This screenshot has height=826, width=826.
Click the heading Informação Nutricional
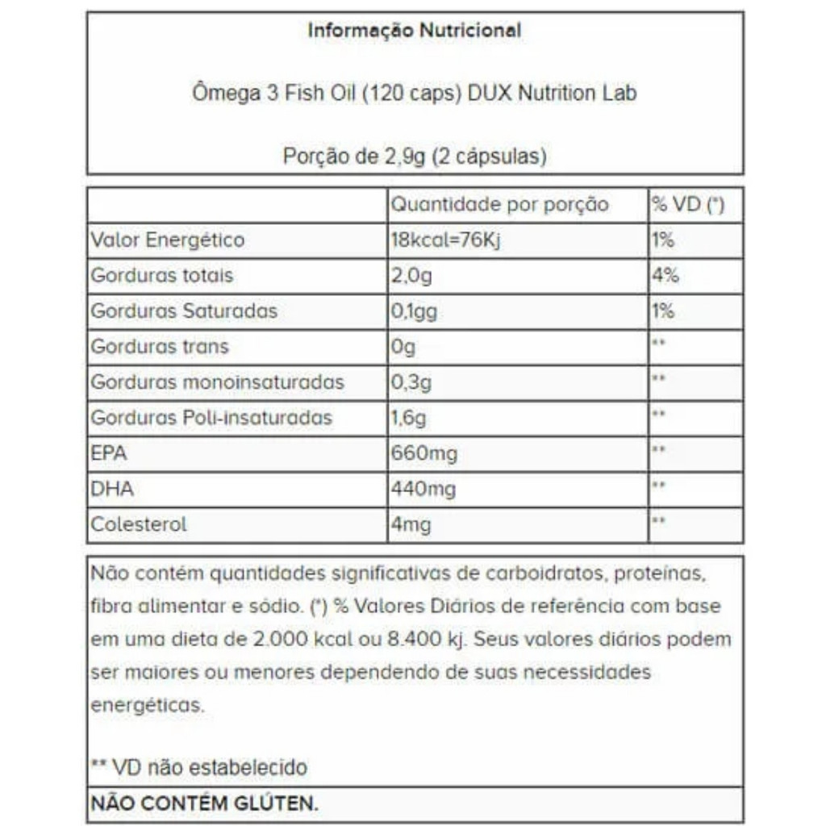tap(415, 31)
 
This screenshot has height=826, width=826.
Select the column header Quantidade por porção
tap(499, 205)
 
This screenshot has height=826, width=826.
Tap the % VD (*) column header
tap(687, 205)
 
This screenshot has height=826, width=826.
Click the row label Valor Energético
tap(168, 240)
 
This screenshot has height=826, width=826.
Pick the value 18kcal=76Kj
tap(445, 240)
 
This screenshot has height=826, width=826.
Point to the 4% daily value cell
tap(665, 276)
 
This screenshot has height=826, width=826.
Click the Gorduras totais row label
tap(162, 276)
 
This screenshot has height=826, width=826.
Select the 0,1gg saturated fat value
tap(414, 311)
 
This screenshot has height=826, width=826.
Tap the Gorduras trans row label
tap(160, 347)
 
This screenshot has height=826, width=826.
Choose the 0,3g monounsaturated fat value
tap(411, 382)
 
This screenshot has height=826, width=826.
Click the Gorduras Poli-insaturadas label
tap(211, 418)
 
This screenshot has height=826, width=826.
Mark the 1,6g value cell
tap(409, 418)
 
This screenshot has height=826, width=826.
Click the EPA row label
tap(109, 453)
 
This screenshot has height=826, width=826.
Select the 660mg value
tap(423, 453)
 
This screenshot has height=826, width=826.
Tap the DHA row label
tap(112, 489)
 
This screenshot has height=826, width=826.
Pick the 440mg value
tap(423, 489)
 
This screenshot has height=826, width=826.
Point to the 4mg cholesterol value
tap(411, 524)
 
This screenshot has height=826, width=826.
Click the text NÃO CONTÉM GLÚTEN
tap(205, 803)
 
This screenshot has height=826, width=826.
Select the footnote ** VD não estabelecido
tap(198, 766)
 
